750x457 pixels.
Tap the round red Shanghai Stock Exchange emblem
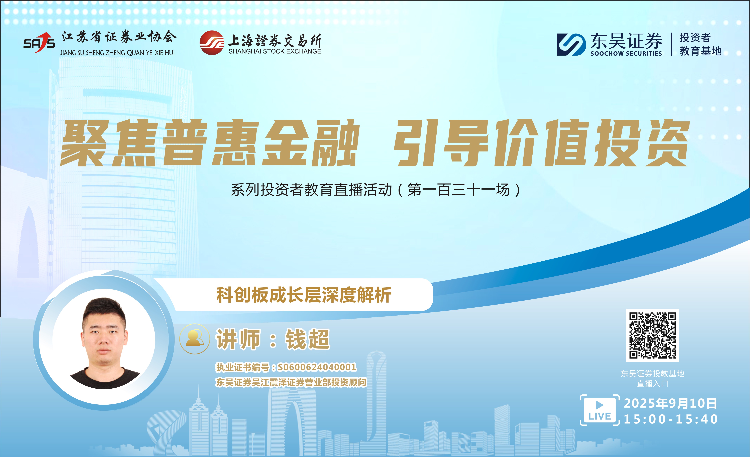212,43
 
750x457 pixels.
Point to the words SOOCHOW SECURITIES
626,53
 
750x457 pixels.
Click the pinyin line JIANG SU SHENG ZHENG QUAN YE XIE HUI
117,53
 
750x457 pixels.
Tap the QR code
652,335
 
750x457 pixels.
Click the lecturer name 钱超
307,339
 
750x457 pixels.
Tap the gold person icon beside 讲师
195,339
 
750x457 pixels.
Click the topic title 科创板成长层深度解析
304,295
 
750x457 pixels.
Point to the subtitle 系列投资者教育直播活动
311,190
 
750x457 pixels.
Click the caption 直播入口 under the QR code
652,384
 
